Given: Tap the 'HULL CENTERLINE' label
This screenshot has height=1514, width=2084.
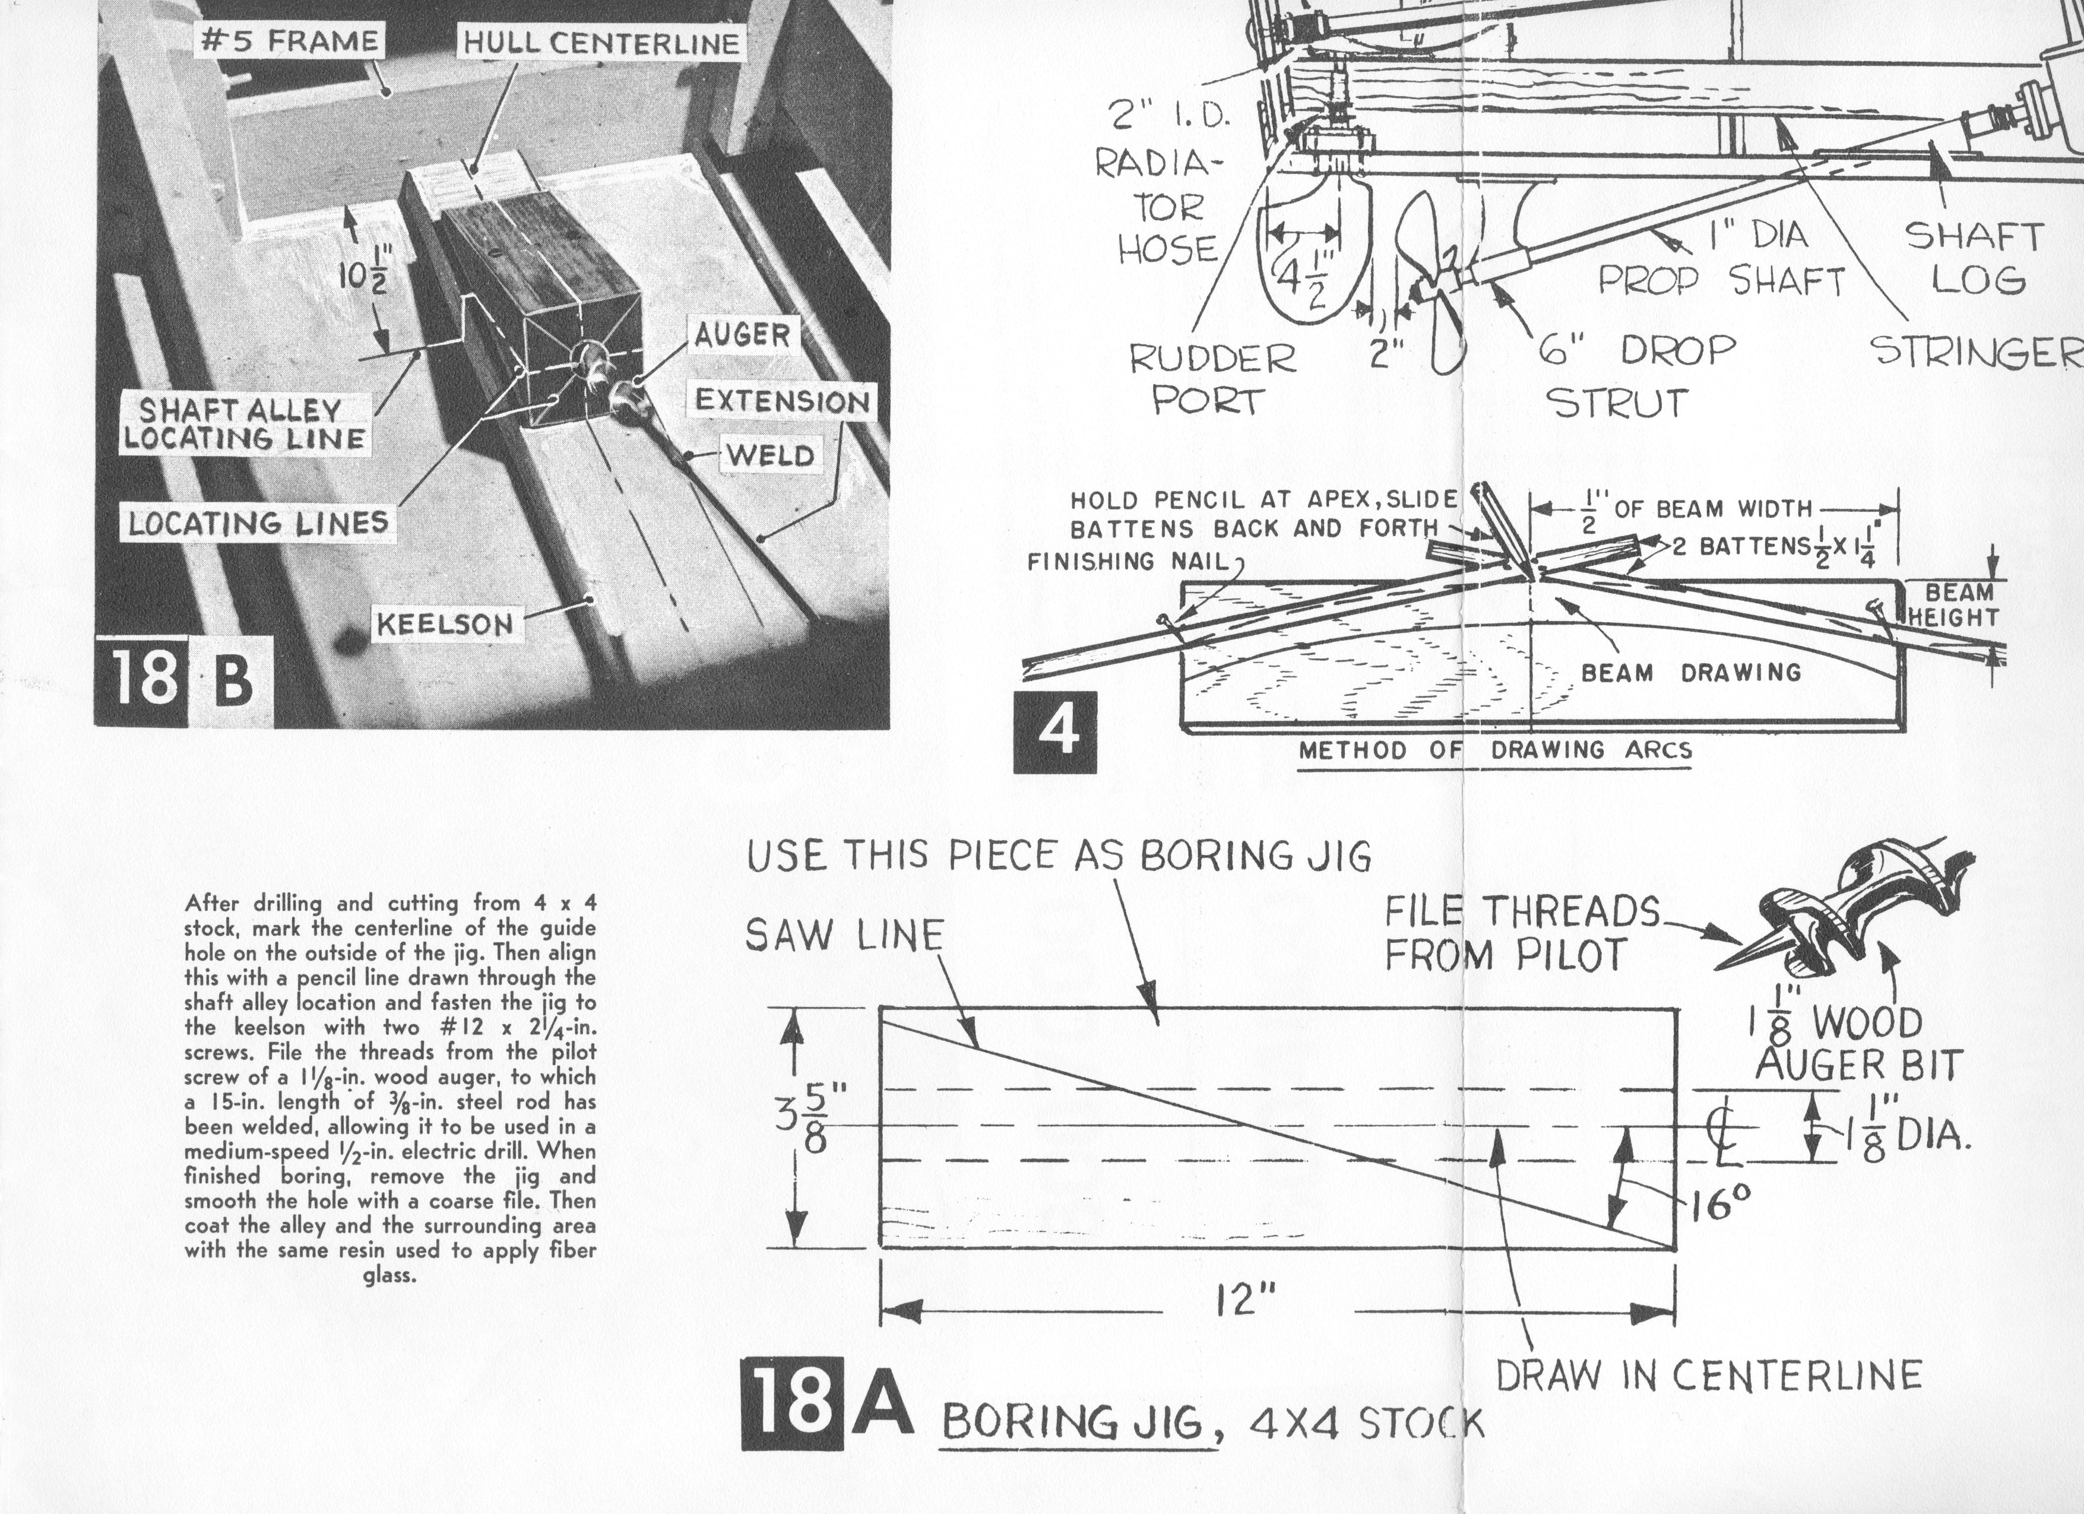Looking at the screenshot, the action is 601,43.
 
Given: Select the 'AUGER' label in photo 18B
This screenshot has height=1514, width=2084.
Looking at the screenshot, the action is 742,335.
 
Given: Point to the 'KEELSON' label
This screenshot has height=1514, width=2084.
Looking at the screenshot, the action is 445,625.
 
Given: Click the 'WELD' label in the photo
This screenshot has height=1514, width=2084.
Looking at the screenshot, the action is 770,455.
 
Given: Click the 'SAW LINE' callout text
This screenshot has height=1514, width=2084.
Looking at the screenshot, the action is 844,936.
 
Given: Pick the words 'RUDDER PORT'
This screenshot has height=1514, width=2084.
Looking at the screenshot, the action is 1211,379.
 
